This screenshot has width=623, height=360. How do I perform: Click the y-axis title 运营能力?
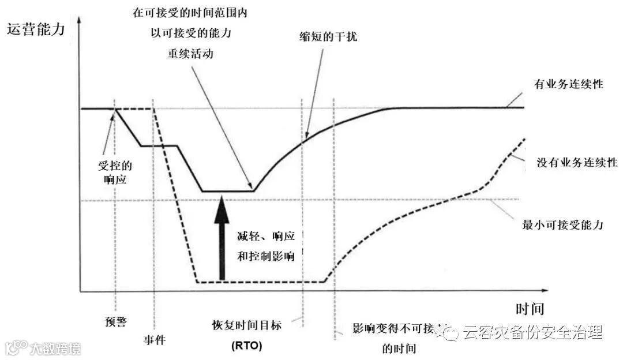point(35,29)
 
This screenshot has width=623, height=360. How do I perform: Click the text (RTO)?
point(246,346)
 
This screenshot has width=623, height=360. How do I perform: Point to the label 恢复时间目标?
point(246,325)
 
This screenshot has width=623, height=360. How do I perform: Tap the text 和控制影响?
point(266,256)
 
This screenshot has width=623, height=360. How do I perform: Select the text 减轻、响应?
point(266,237)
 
